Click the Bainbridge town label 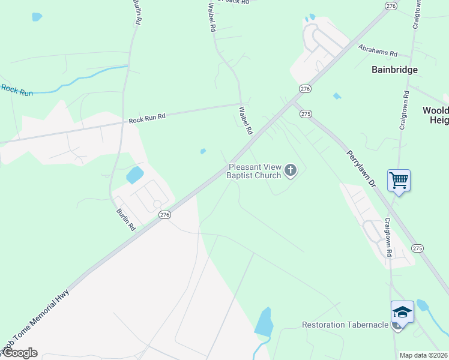pos(394,70)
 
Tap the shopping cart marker pos(399,180)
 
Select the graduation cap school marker pos(402,313)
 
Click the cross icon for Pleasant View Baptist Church pos(291,171)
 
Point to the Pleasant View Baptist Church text pos(255,172)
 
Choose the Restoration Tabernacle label pos(345,325)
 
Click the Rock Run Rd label pos(146,119)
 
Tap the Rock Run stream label pos(16,90)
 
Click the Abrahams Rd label pos(378,50)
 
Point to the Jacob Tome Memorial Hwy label pos(36,322)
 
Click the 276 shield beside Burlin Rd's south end pos(164,214)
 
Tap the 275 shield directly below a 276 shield pos(306,113)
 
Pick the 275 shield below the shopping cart pos(418,248)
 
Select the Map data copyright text pos(424,355)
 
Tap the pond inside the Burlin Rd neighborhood pos(135,175)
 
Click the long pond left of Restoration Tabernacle pos(264,323)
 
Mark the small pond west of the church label pos(203,151)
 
